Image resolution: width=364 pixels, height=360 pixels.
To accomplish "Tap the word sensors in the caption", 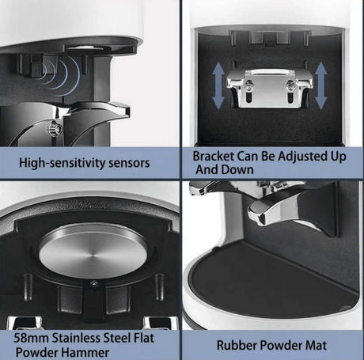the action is [x=129, y=163].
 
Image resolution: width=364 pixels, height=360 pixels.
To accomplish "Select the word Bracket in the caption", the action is [x=213, y=156].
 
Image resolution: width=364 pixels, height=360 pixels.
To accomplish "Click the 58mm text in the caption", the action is [x=31, y=338].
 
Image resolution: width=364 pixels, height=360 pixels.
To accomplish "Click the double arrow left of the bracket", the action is [x=218, y=85].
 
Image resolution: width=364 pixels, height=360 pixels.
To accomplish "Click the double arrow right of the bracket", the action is [x=321, y=85].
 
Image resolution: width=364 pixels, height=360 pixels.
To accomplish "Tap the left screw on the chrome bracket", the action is [x=249, y=85].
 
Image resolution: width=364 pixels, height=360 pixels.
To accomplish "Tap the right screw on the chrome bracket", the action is [x=290, y=85].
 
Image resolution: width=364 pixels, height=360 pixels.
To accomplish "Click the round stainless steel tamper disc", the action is [x=93, y=251].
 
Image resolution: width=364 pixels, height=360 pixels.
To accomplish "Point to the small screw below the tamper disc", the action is [x=93, y=284].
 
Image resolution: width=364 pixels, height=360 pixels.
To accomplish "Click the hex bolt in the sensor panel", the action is [x=57, y=129].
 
